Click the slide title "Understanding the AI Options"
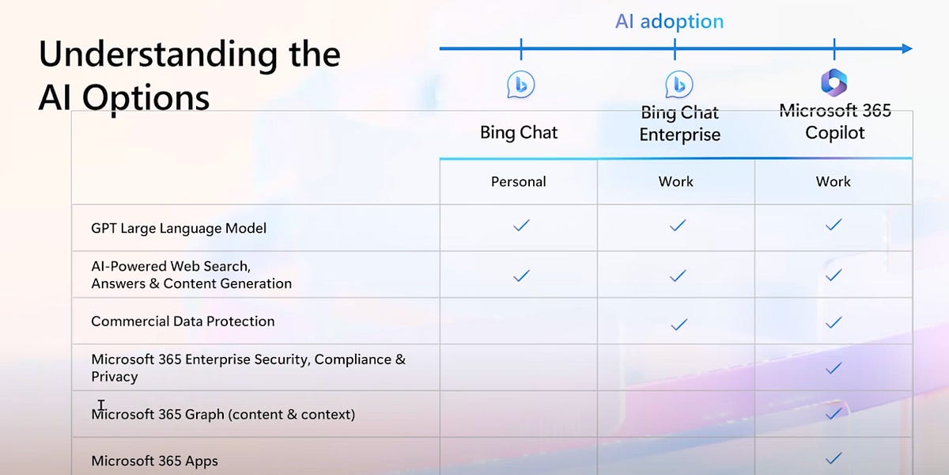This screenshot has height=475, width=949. coord(190,76)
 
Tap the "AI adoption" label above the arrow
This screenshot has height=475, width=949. coord(669,21)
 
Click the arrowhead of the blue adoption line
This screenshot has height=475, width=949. coord(906,49)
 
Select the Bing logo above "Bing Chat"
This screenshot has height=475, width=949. coord(520,85)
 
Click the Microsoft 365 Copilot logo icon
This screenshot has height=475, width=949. coord(834,83)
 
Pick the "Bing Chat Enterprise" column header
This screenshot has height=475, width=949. coord(679,124)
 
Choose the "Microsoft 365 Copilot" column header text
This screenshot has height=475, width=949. coord(835,122)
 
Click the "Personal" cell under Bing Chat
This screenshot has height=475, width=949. coord(519,182)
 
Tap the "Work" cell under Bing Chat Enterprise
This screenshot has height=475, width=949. coord(676,182)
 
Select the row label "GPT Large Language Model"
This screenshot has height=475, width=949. coord(179,229)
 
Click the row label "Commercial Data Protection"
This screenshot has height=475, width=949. coord(183,321)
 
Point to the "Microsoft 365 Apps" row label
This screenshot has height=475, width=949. coord(154,461)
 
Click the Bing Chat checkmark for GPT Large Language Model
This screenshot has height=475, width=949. coord(520,226)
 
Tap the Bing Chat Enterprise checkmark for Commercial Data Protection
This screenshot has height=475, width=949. coord(678,324)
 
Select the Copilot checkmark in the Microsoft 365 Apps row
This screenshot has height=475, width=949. coord(833,458)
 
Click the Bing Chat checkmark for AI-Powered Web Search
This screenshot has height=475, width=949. coord(520,276)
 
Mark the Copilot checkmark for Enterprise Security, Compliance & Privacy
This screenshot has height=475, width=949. coord(833,368)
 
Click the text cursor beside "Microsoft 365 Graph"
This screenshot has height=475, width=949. coord(101,405)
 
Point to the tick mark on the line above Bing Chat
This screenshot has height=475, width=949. coord(520,49)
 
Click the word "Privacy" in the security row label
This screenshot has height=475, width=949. coord(115,378)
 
